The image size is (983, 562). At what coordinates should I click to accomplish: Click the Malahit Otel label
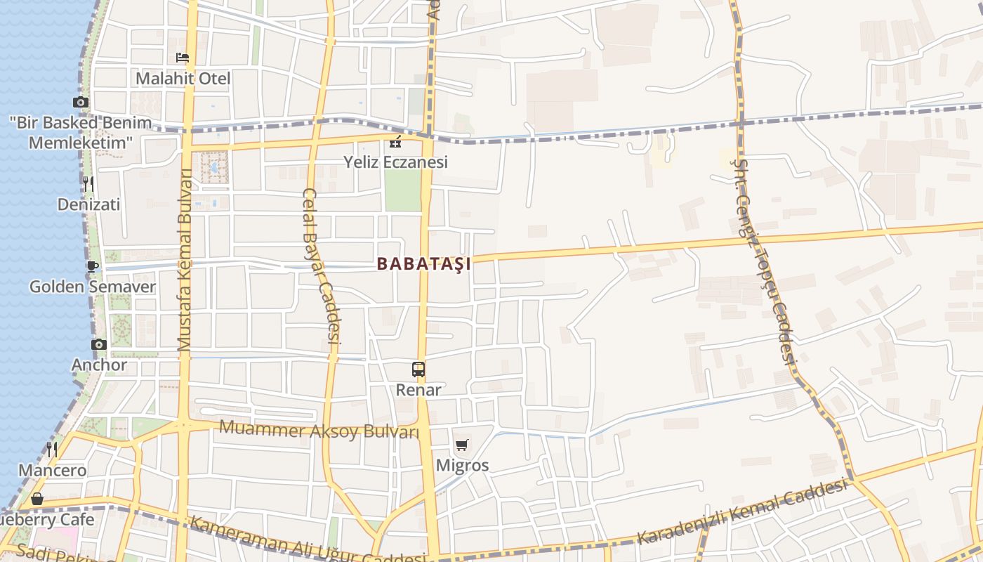pos(183,78)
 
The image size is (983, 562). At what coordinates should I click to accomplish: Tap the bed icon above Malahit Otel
pos(183,58)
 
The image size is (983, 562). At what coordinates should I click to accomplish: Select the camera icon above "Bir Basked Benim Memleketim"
pos(81,103)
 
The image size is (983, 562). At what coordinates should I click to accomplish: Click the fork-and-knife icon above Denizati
pos(88,184)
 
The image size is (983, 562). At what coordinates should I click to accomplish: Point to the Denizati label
pos(88,204)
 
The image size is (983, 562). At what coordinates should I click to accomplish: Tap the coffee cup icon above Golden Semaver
pos(92,266)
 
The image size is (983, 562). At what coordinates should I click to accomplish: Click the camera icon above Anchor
pos(99,344)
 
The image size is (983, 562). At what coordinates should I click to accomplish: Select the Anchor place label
pos(99,365)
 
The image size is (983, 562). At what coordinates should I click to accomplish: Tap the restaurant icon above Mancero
pos(52,449)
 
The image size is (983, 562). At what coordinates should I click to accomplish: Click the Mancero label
pos(53,470)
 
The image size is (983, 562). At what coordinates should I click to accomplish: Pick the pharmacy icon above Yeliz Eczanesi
pos(395,142)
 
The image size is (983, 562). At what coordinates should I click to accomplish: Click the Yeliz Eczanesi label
pos(395,162)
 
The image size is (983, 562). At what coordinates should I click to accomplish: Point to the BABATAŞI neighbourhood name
pos(423,264)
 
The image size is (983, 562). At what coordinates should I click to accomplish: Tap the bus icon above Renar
pos(418,369)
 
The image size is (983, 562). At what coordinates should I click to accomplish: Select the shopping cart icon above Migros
pos(462,445)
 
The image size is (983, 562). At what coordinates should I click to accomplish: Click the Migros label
pos(462,465)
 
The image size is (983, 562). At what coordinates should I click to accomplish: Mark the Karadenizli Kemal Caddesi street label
pos(741,511)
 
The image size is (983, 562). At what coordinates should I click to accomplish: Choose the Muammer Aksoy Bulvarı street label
pos(319,429)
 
